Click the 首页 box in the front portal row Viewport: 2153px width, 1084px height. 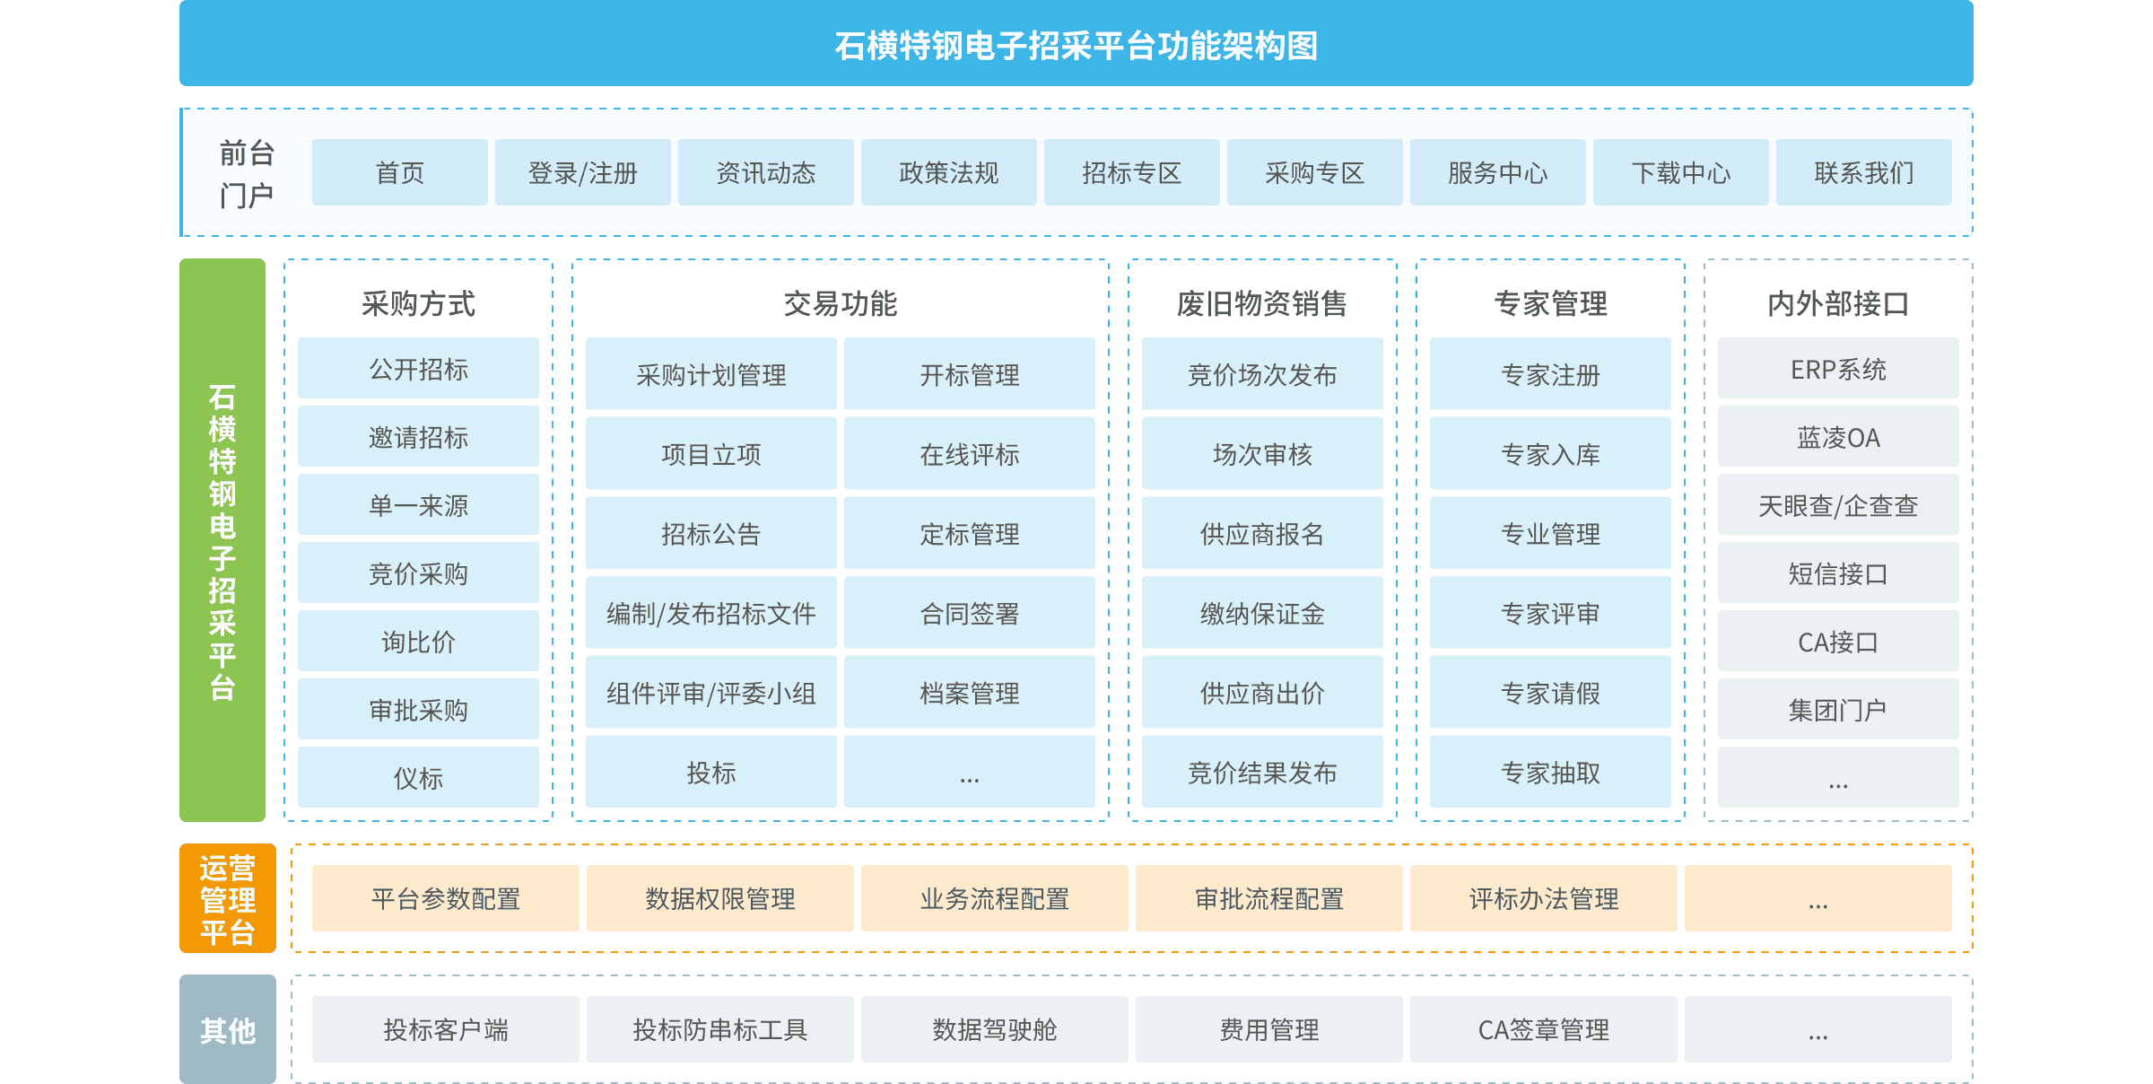tap(399, 172)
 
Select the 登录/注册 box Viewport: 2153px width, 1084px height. tap(582, 172)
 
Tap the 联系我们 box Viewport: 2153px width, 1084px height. tap(1863, 172)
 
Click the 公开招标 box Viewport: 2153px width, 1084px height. tap(418, 368)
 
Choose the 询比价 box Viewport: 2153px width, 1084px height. tap(418, 641)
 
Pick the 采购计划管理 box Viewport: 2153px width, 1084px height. tap(710, 374)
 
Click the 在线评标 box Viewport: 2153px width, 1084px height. tap(969, 454)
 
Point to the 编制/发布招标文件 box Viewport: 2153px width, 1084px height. tap(710, 613)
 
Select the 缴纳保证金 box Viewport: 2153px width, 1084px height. tap(1261, 613)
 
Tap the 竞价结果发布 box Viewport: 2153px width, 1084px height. tap(1261, 772)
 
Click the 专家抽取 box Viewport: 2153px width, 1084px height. tap(1549, 772)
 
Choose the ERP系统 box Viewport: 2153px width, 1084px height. tap(1837, 368)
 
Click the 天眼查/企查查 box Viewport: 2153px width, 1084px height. tap(1837, 504)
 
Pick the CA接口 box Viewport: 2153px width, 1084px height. tap(1837, 641)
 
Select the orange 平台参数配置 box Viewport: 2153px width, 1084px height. tap(445, 898)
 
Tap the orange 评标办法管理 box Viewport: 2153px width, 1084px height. tap(1543, 898)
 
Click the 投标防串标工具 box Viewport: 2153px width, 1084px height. tap(719, 1029)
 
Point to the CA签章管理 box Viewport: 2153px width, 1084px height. tap(1543, 1029)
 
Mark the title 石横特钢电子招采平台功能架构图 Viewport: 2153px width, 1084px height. tap(1076, 45)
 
